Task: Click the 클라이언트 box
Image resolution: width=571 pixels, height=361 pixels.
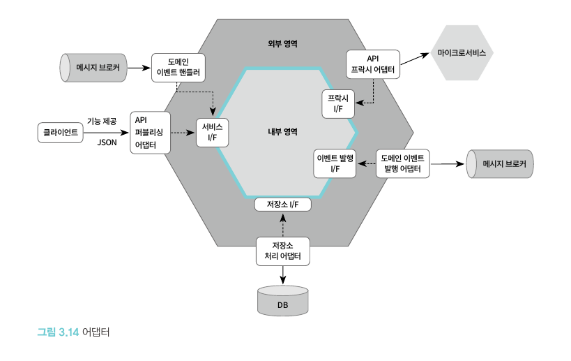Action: (x=60, y=131)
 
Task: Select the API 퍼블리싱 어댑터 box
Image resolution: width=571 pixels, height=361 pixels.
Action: (x=151, y=132)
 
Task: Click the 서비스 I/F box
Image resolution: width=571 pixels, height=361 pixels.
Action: (x=211, y=131)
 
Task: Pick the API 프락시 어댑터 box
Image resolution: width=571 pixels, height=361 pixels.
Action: (x=373, y=64)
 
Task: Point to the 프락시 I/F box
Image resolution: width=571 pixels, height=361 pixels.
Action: (x=338, y=104)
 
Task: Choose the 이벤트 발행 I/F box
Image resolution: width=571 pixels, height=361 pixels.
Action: (x=335, y=163)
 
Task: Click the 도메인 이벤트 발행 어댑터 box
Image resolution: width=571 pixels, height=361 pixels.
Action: (x=403, y=163)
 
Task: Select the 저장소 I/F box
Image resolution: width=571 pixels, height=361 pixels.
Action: (x=283, y=205)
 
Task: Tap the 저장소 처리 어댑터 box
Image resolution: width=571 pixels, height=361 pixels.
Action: (x=282, y=251)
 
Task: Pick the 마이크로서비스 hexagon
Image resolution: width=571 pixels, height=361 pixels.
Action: (x=462, y=54)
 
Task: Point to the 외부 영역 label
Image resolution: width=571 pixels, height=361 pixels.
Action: (x=283, y=43)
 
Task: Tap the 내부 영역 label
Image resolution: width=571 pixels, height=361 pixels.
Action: (x=283, y=131)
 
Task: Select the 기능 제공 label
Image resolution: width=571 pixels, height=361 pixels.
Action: (x=101, y=121)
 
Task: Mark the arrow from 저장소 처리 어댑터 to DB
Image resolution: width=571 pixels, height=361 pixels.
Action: (x=282, y=274)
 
